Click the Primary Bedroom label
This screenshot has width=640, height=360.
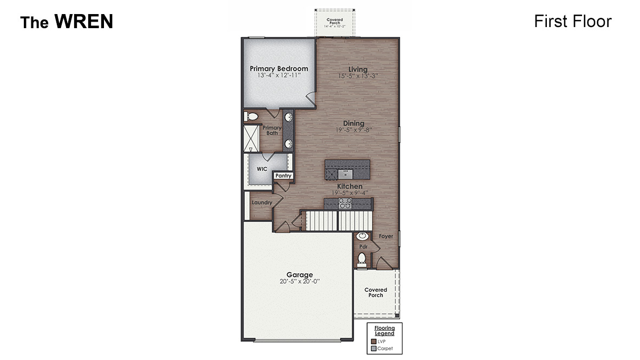click(279, 69)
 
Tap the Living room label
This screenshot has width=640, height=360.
click(358, 69)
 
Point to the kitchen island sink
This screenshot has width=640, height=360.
click(345, 173)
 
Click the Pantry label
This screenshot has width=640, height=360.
click(283, 175)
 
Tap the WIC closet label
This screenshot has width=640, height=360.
click(262, 169)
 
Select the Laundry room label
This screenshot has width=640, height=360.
click(261, 202)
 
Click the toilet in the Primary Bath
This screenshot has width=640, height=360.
click(252, 116)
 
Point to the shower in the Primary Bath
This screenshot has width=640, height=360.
click(251, 139)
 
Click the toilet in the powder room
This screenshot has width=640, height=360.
click(362, 259)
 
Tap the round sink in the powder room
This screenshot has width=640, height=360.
click(362, 236)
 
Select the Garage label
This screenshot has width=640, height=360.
click(299, 274)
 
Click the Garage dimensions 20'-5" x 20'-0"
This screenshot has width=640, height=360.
click(299, 282)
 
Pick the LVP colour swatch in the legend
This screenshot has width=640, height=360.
click(373, 341)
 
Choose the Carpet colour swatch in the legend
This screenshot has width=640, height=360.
click(373, 349)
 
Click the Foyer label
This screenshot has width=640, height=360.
click(386, 237)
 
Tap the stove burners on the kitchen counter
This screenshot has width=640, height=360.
click(345, 203)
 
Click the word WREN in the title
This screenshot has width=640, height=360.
click(83, 22)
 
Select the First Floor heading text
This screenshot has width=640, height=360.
click(572, 21)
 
